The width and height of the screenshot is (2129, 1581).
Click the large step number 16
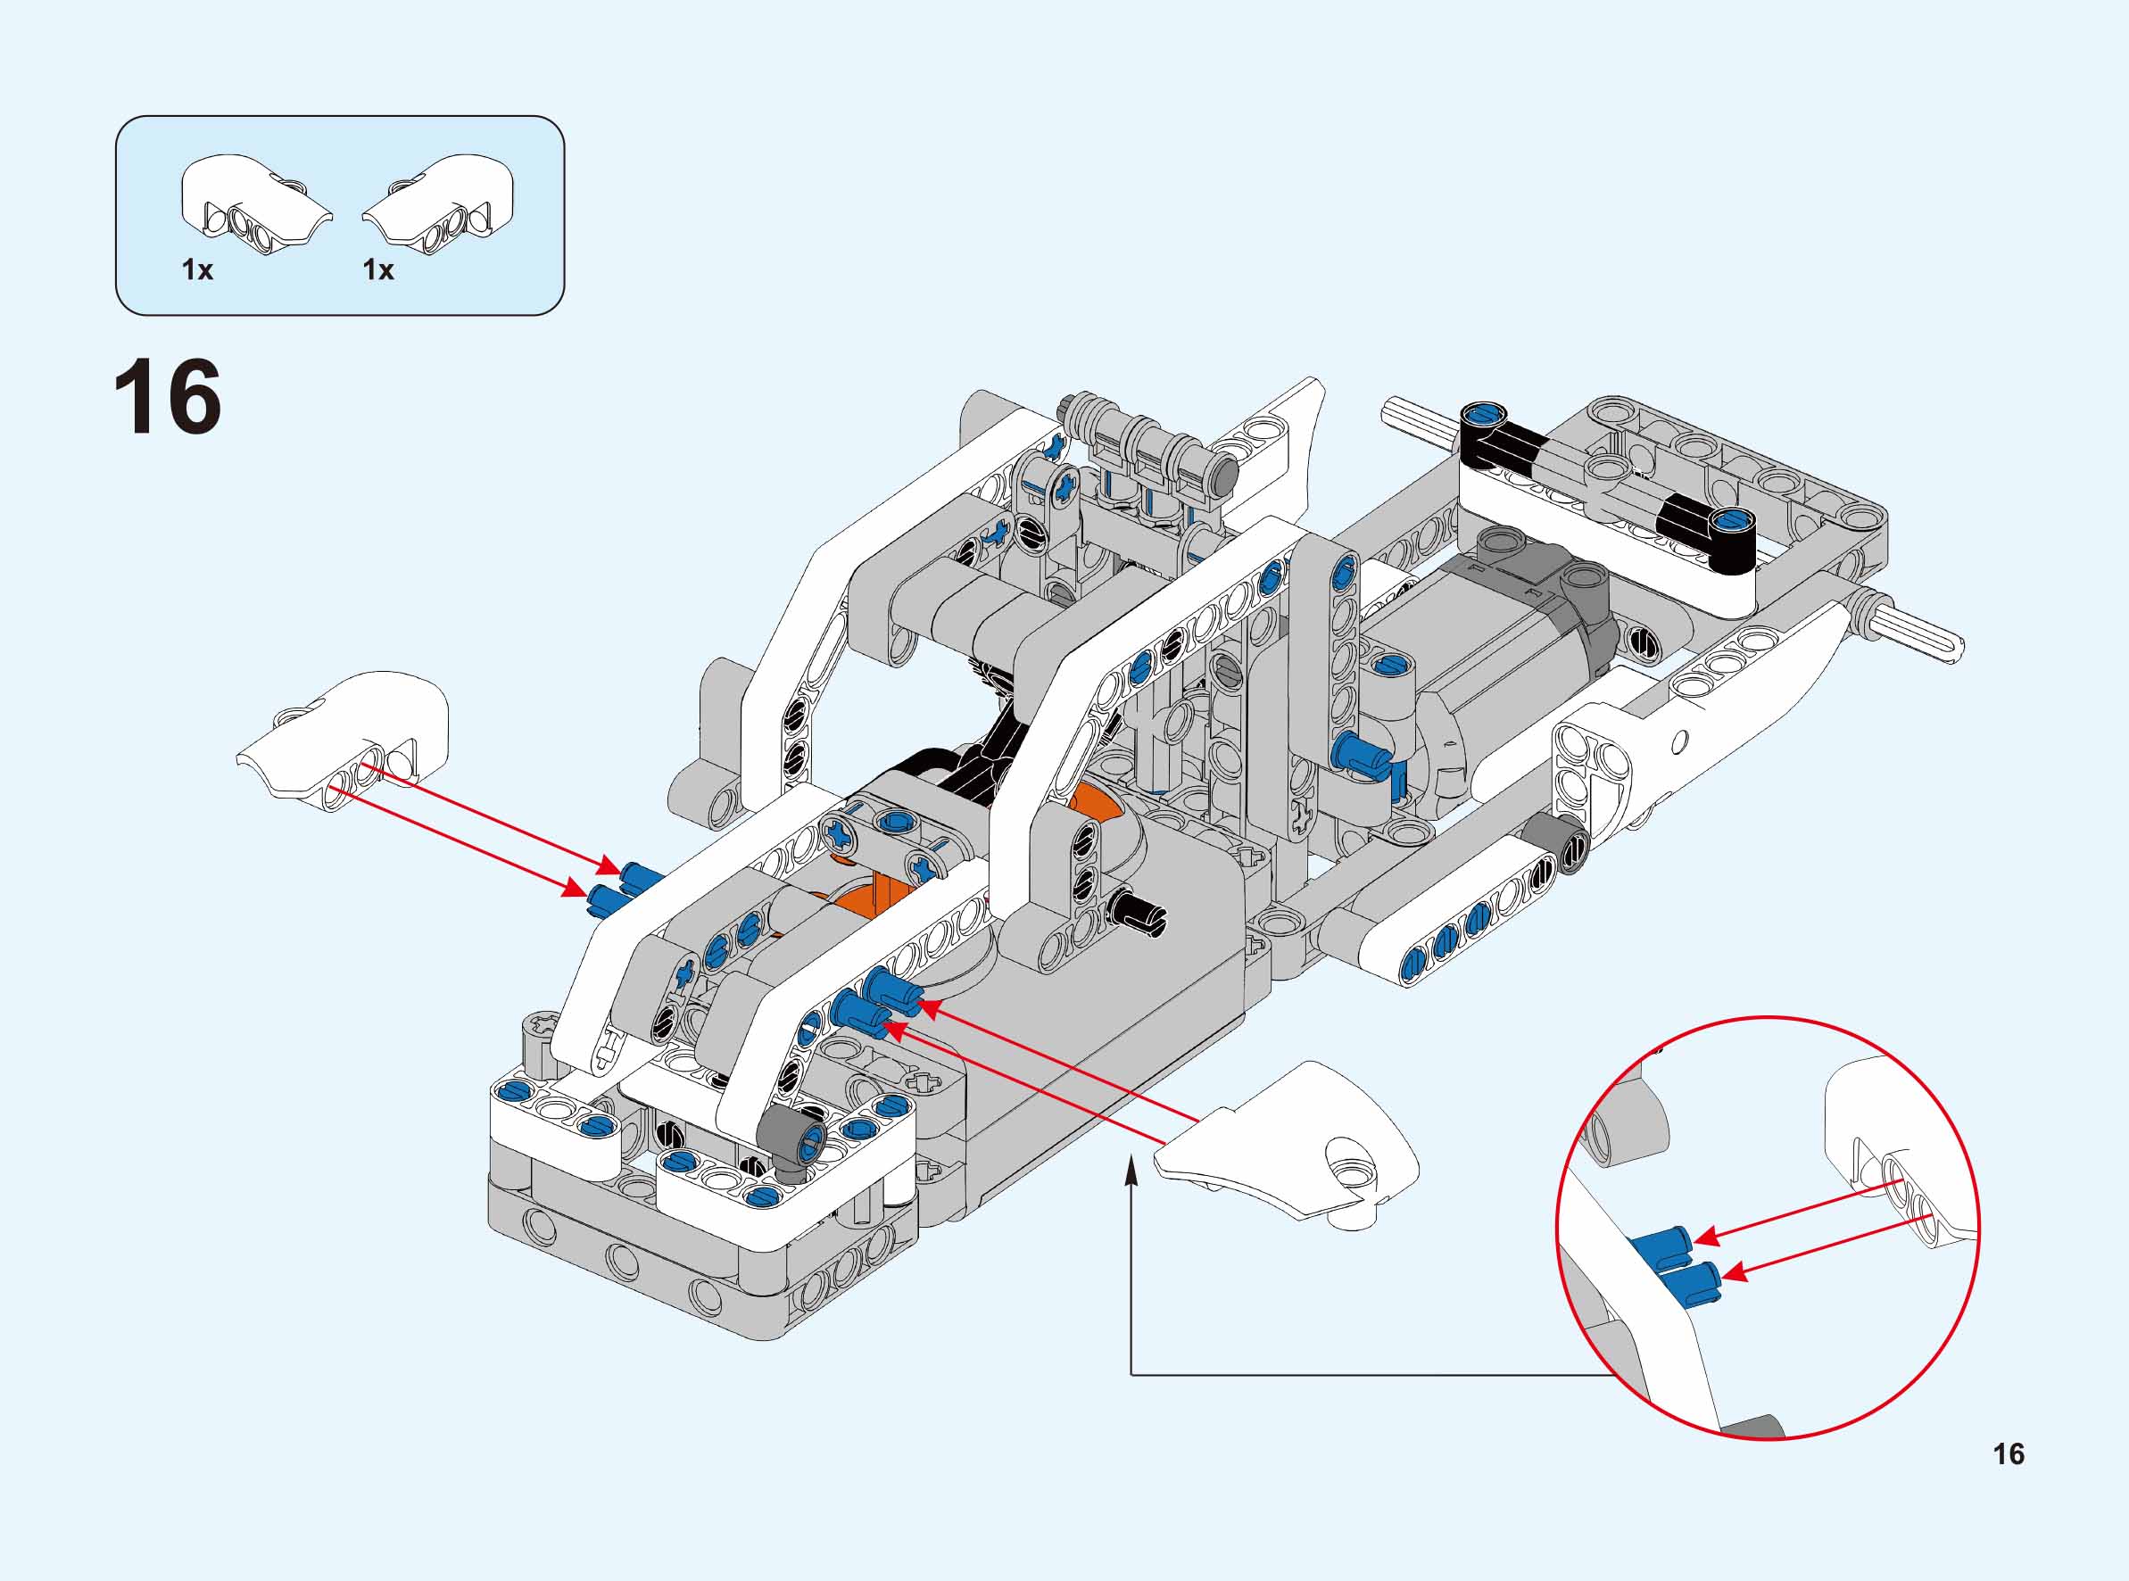coord(168,397)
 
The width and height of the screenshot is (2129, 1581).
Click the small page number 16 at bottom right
coord(2009,1453)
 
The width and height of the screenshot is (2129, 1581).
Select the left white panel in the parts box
coord(253,205)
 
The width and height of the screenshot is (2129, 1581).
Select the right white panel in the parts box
coord(442,205)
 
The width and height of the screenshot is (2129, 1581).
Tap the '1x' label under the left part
coord(197,271)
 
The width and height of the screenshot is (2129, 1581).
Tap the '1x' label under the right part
coord(378,271)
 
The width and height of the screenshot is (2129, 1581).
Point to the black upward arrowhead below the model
coord(1131,1170)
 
